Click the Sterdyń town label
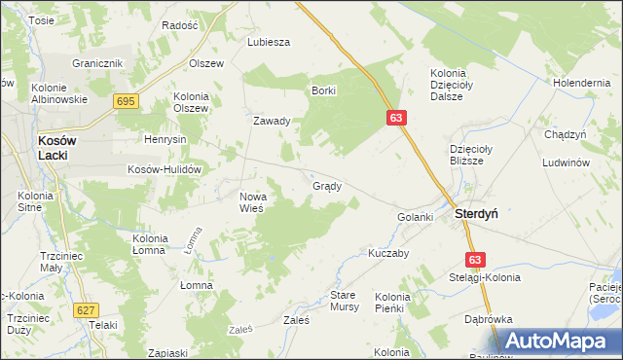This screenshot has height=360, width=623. coord(476,215)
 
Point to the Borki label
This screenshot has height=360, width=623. coord(323,90)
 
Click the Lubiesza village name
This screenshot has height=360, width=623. coord(270,43)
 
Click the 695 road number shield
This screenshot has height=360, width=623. coord(125,101)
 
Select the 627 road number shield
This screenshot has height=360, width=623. coord(86,309)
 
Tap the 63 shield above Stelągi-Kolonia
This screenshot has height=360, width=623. coord(475,260)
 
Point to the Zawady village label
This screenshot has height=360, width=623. coord(272,122)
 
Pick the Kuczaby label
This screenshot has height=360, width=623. coord(386,253)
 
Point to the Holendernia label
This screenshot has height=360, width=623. coord(581,83)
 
